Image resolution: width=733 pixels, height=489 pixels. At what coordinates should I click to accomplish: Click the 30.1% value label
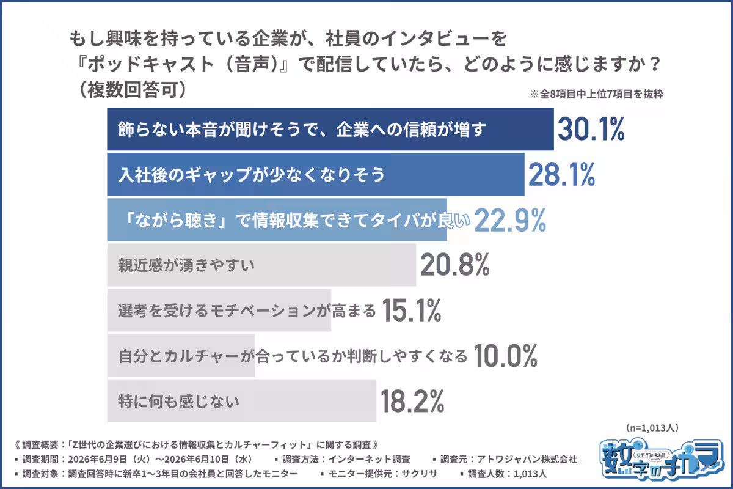pos(591,129)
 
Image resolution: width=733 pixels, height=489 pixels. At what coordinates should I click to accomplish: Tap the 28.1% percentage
pos(561,175)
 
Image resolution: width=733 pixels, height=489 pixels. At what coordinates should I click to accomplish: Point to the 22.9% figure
pos(510,220)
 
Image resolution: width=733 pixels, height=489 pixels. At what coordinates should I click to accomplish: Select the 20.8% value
pos(455,265)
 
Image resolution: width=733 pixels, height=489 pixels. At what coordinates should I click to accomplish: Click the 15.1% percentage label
pos(412,310)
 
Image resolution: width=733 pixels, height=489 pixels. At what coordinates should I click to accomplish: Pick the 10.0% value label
pos(505,356)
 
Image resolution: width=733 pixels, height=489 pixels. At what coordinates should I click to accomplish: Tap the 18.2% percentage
pos(412,401)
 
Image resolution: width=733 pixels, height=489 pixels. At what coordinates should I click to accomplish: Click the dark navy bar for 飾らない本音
pos(330,129)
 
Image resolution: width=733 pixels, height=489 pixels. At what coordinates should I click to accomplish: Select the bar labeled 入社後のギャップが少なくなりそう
pos(316,175)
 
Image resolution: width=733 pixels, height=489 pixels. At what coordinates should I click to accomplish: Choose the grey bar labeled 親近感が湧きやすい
pos(262,265)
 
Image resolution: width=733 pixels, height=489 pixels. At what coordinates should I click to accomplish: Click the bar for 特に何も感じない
pos(242,401)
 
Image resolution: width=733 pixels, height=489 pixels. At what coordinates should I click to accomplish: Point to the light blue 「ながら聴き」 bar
pos(277,220)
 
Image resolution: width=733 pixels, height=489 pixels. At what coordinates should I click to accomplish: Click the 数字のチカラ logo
pos(662,459)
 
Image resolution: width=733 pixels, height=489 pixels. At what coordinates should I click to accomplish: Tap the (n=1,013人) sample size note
pos(652,428)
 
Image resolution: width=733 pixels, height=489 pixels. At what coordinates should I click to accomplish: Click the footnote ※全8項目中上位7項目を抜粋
pos(597,94)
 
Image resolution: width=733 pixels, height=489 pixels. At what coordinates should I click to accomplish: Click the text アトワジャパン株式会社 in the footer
pos(527,459)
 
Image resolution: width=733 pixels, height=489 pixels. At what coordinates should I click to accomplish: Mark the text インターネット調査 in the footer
pos(369,459)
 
